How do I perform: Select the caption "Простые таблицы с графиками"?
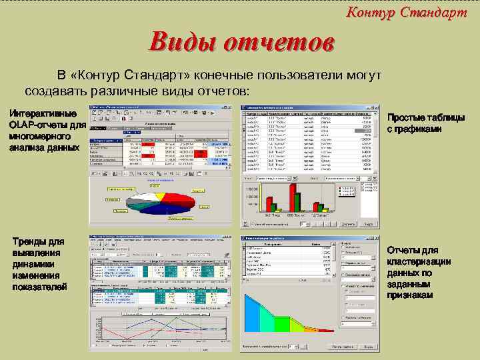click(x=427, y=123)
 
